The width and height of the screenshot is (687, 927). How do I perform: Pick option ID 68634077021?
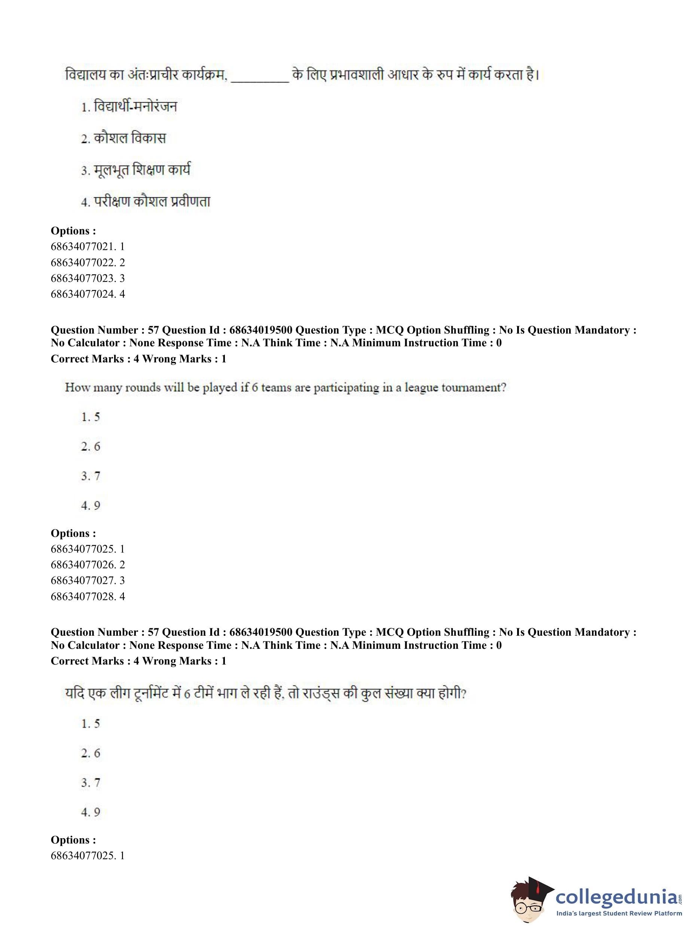click(87, 247)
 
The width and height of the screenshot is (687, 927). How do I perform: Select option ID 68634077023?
click(87, 278)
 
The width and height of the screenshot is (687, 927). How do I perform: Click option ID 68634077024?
click(87, 294)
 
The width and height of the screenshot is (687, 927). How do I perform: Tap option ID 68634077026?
click(87, 565)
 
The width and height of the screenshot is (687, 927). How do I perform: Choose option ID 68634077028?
click(87, 596)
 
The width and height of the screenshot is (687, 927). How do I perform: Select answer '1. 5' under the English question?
click(91, 417)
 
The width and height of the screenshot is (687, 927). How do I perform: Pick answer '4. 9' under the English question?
click(91, 505)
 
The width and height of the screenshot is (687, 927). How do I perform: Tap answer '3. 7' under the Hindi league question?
click(91, 782)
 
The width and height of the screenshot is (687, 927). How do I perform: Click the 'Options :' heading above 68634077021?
click(73, 231)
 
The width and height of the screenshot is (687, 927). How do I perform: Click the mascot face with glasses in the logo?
click(527, 901)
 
